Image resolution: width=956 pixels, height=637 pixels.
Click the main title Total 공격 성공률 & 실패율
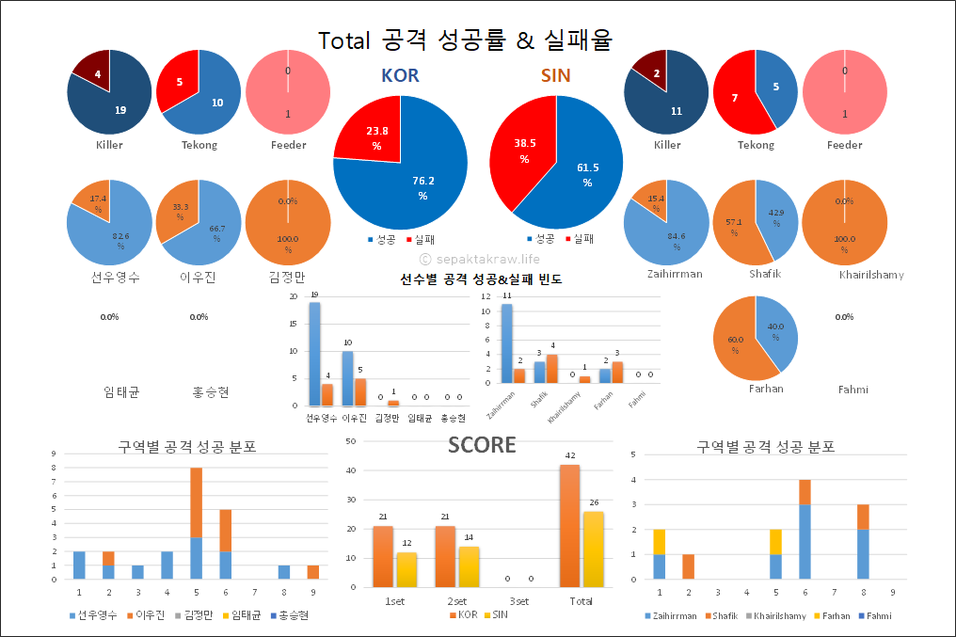(x=465, y=40)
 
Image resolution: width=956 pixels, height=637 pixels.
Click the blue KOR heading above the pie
(x=400, y=75)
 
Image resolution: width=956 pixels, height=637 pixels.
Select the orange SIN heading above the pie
(x=555, y=75)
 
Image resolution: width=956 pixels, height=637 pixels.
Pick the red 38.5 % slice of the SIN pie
(x=522, y=151)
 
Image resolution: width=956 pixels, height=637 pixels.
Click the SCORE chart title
(x=482, y=445)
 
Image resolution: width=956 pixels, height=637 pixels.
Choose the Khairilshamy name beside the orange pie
(x=870, y=275)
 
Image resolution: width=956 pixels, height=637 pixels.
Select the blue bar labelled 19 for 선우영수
(x=314, y=353)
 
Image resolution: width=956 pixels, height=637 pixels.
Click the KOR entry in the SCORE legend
(x=464, y=615)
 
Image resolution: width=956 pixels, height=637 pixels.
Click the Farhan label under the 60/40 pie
(x=766, y=389)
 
